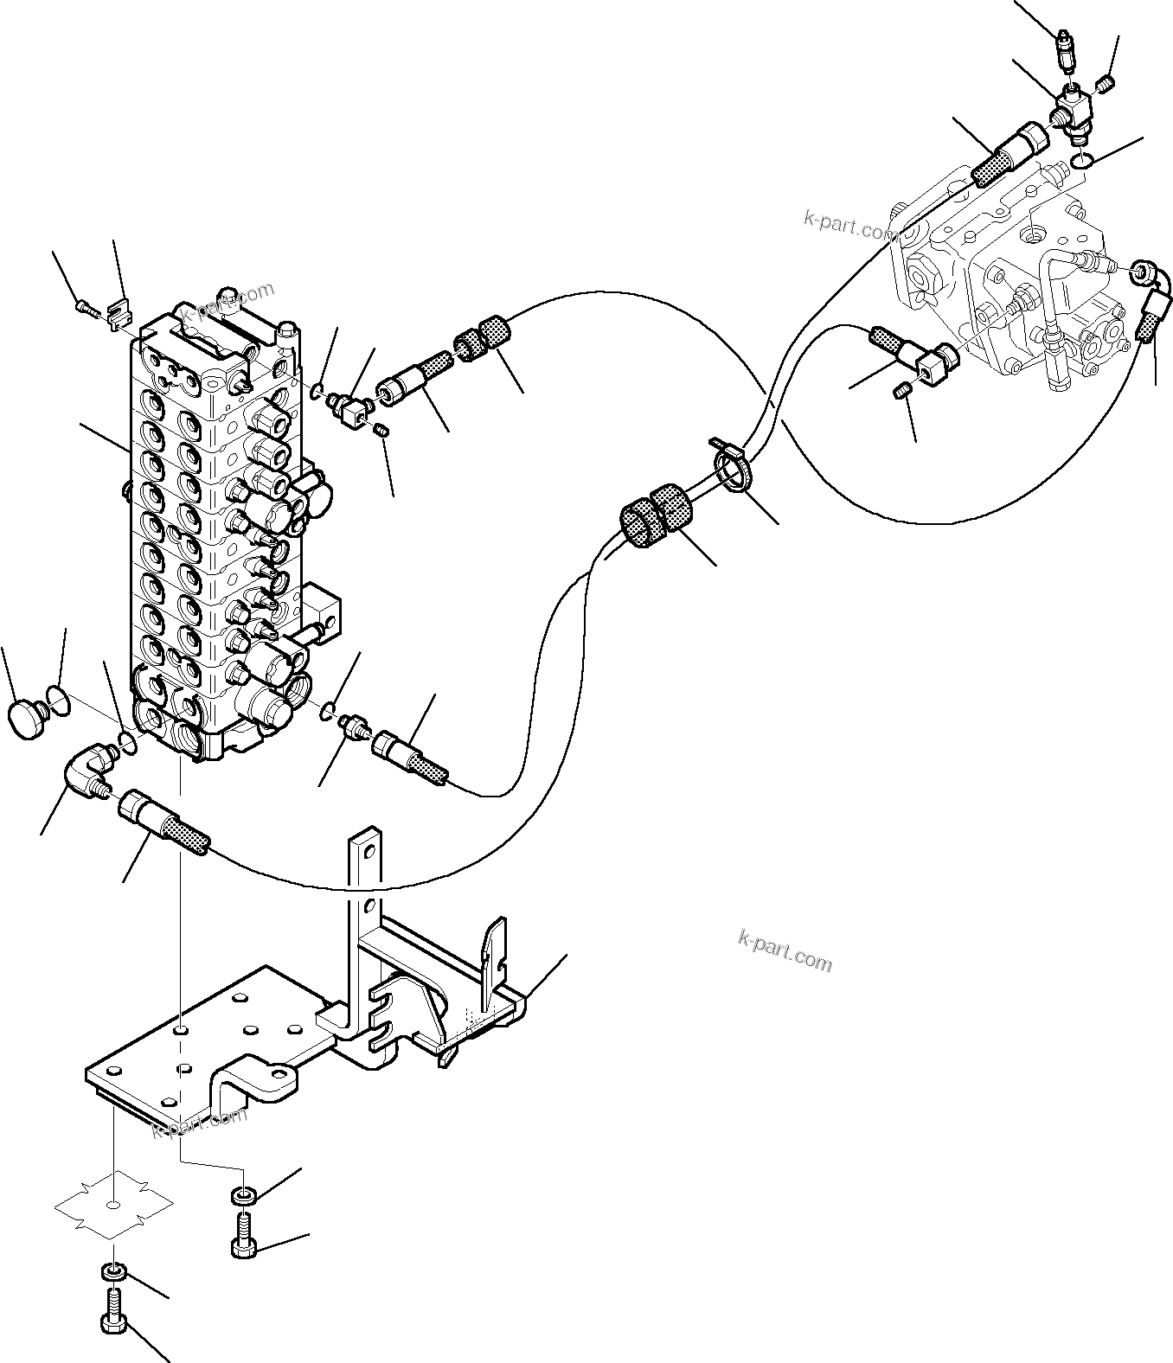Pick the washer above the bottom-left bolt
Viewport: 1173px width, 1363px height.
[x=113, y=1272]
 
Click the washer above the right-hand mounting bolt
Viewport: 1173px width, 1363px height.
[x=243, y=1196]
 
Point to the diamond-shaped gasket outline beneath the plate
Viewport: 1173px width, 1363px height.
[x=113, y=1202]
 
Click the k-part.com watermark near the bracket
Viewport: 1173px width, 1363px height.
[x=785, y=951]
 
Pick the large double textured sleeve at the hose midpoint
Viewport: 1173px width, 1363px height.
[x=657, y=515]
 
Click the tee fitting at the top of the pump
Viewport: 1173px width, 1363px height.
[x=1073, y=113]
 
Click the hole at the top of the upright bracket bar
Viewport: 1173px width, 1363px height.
[x=369, y=853]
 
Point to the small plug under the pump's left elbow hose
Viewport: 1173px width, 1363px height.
[x=901, y=394]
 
